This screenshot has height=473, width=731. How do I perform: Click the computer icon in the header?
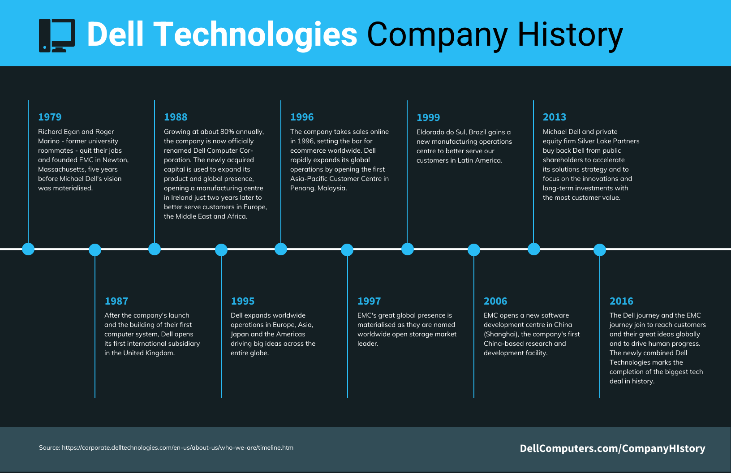point(57,35)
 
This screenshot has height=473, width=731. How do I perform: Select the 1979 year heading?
point(50,117)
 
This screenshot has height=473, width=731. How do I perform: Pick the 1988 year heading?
point(176,117)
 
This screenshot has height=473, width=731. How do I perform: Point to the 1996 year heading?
point(302,117)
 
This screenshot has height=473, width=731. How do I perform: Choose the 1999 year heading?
point(428,118)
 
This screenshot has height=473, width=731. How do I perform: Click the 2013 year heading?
point(555,117)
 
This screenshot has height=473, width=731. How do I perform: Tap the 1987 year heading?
point(116,301)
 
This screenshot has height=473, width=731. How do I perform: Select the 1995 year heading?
point(242,301)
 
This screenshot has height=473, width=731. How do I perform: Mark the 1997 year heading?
point(369,301)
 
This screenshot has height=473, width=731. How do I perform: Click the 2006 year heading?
point(495,301)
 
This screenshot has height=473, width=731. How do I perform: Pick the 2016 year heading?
point(621,301)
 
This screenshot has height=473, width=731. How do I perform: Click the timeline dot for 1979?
point(28,249)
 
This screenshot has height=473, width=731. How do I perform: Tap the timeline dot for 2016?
point(600,249)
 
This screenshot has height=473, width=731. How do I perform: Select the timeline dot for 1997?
point(347,249)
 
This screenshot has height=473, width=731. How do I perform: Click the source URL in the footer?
point(177,447)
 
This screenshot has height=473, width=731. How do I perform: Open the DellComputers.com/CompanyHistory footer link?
point(612,448)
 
